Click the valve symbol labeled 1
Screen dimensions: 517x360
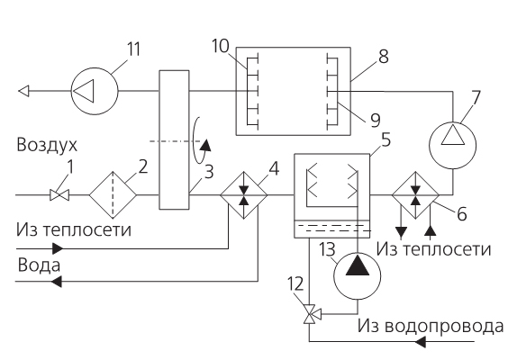coord(59,195)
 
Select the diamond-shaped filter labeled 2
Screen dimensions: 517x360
coord(113,195)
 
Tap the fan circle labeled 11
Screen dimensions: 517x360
coord(95,91)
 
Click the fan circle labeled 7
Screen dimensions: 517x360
coord(453,145)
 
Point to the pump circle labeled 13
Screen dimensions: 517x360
coord(357,276)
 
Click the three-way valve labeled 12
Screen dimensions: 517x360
coord(309,314)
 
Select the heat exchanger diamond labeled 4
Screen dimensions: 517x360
coord(244,195)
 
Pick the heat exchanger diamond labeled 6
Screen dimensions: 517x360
coord(415,195)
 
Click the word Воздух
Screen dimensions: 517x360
coord(47,145)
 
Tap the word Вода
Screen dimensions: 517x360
coord(39,265)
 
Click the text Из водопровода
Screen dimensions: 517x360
coord(431,327)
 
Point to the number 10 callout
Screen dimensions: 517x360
coord(220,46)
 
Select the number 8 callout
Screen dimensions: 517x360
coord(384,57)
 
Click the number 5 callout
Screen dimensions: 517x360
coord(385,139)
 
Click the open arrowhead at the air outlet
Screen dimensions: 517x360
coord(23,91)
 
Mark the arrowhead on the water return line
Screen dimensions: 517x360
coord(56,282)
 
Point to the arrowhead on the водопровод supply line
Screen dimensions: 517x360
coord(420,342)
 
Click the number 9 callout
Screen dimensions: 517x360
coord(376,121)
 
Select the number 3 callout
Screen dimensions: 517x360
coord(209,172)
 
